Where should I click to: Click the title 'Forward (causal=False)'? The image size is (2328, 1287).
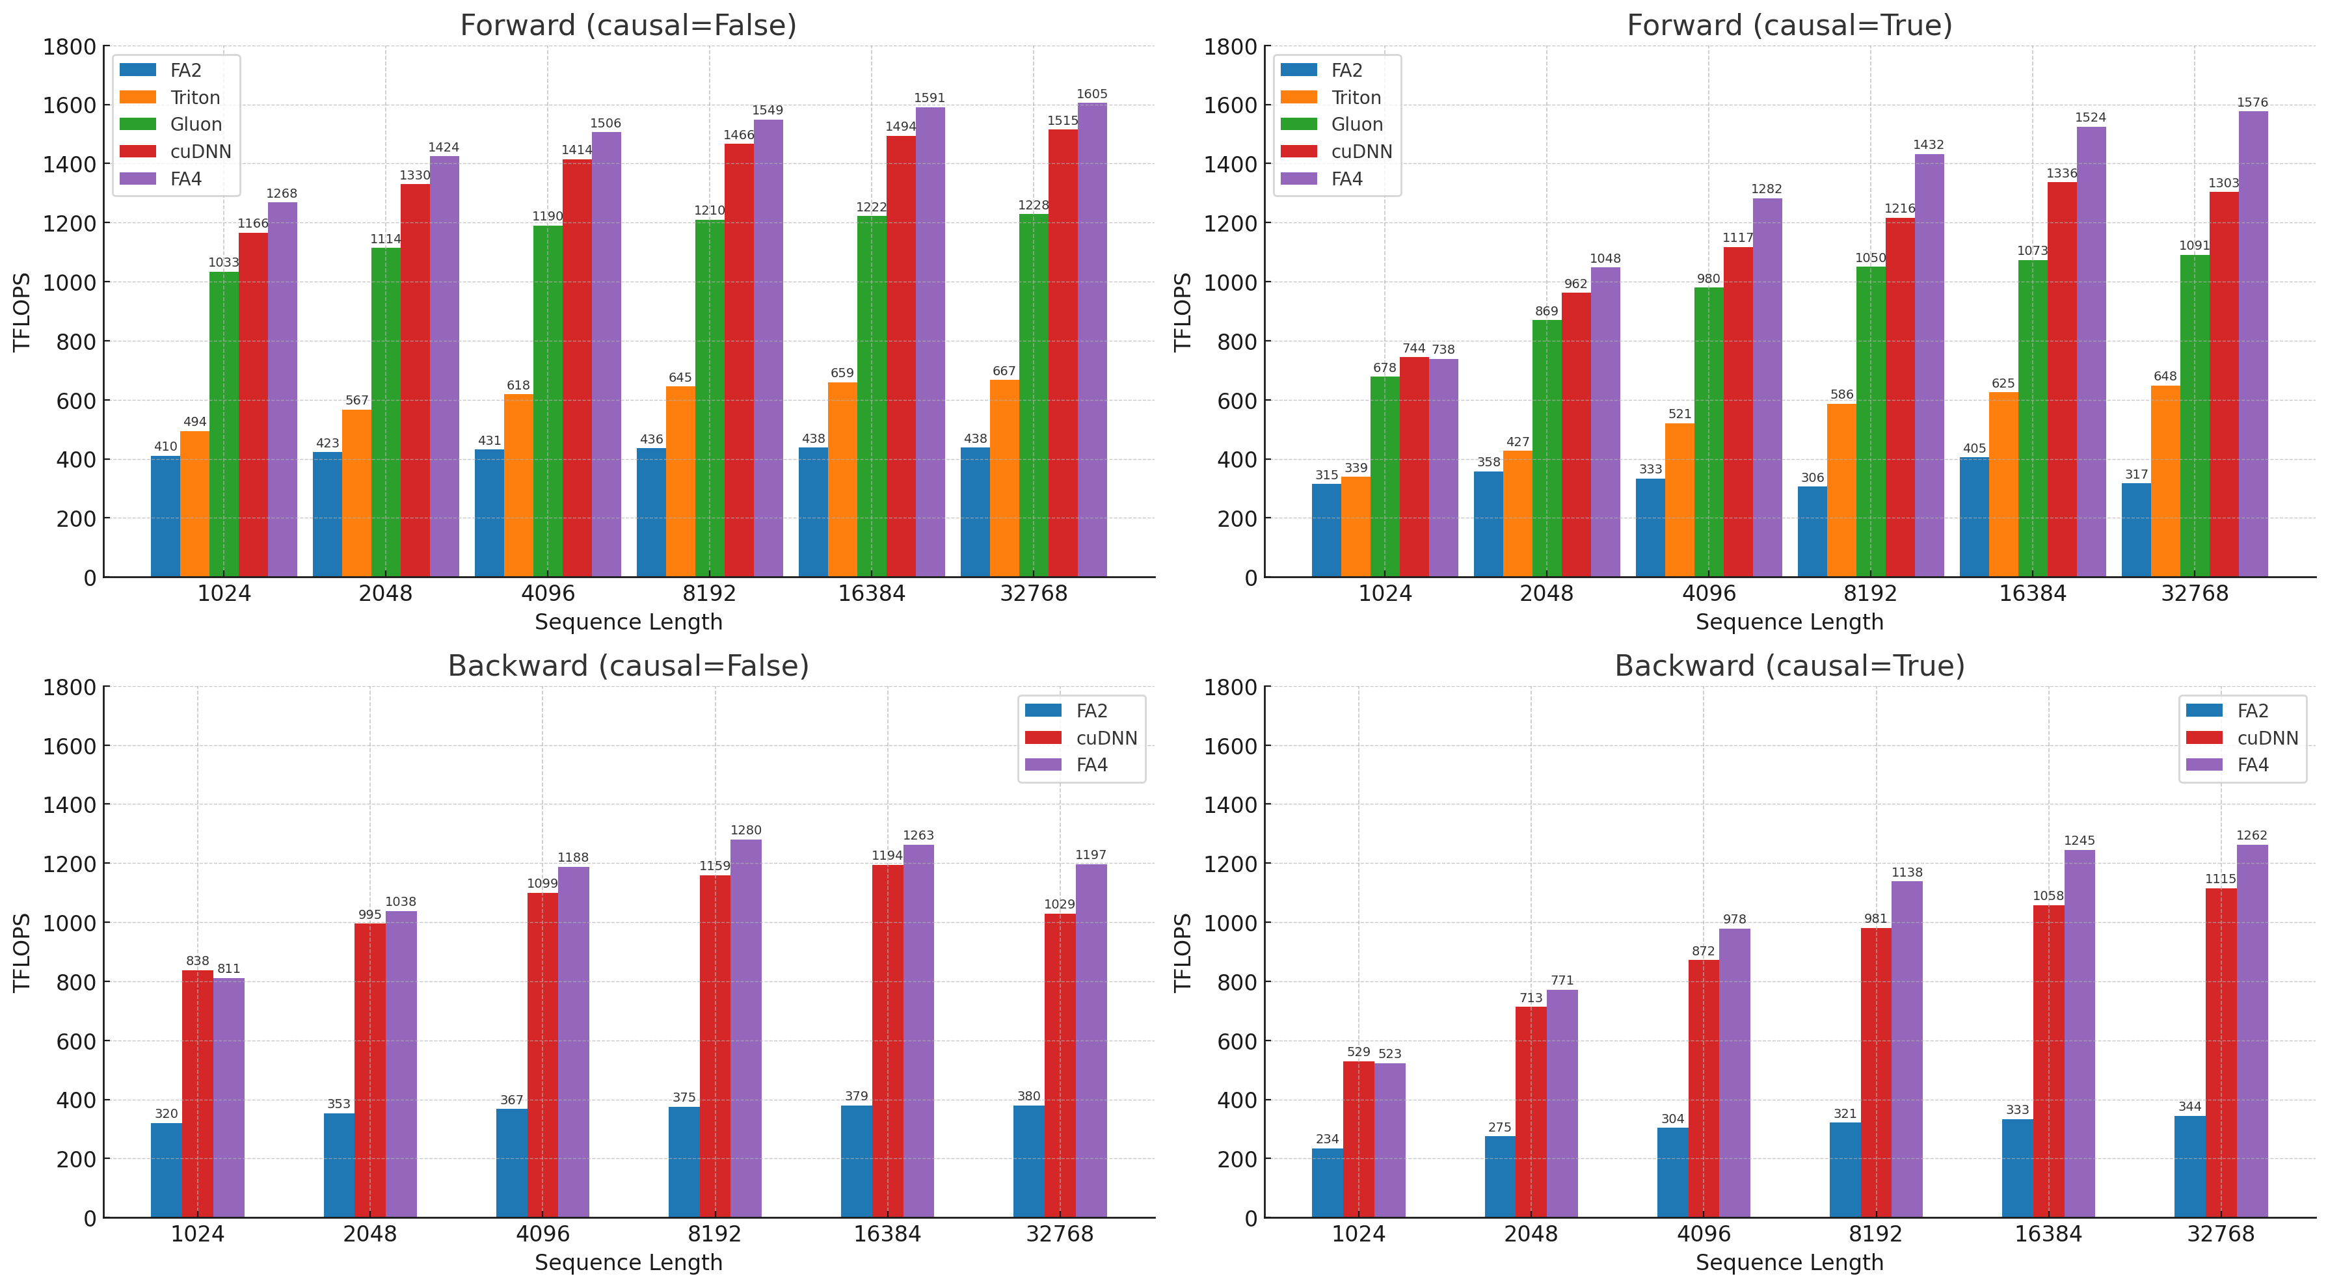(628, 25)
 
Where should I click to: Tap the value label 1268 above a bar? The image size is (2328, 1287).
(281, 193)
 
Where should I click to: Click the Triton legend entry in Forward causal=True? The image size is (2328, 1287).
(1356, 98)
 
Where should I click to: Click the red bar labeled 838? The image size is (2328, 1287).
(197, 1094)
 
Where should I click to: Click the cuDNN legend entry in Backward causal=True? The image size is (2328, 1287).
(2267, 738)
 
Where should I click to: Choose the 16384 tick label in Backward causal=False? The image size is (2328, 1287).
(887, 1234)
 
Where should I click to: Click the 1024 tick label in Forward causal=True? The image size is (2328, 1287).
(1385, 594)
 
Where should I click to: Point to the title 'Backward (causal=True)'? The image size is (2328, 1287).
(1789, 666)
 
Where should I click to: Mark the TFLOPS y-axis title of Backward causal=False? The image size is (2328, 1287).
(21, 953)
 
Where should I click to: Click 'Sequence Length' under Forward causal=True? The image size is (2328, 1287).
(1789, 623)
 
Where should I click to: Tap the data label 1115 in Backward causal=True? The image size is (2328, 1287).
(2221, 879)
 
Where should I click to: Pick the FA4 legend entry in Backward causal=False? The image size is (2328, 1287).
(1091, 765)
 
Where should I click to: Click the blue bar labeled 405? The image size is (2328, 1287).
(1973, 517)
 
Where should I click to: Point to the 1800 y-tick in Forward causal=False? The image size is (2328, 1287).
(70, 47)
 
